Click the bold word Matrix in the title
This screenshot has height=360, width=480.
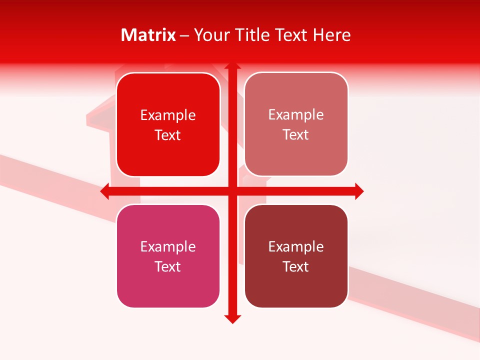pyautogui.click(x=148, y=35)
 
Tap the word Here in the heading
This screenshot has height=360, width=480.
pyautogui.click(x=332, y=35)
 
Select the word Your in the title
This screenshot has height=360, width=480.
pyautogui.click(x=210, y=35)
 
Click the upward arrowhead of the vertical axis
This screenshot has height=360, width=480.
pyautogui.click(x=232, y=65)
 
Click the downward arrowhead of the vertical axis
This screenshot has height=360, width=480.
pyautogui.click(x=232, y=319)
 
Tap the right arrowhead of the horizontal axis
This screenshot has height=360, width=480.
pyautogui.click(x=359, y=191)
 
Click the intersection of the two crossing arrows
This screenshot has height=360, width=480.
pyautogui.click(x=232, y=191)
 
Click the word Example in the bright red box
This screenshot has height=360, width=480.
pyautogui.click(x=168, y=115)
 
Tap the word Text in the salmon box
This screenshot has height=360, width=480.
pyautogui.click(x=296, y=135)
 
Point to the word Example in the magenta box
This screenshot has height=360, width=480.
pyautogui.click(x=168, y=247)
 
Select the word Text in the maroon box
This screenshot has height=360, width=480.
pyautogui.click(x=296, y=267)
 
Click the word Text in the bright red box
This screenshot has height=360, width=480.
pyautogui.click(x=168, y=135)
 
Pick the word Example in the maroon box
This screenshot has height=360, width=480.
pyautogui.click(x=296, y=247)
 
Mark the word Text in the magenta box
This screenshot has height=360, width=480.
pyautogui.click(x=168, y=267)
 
